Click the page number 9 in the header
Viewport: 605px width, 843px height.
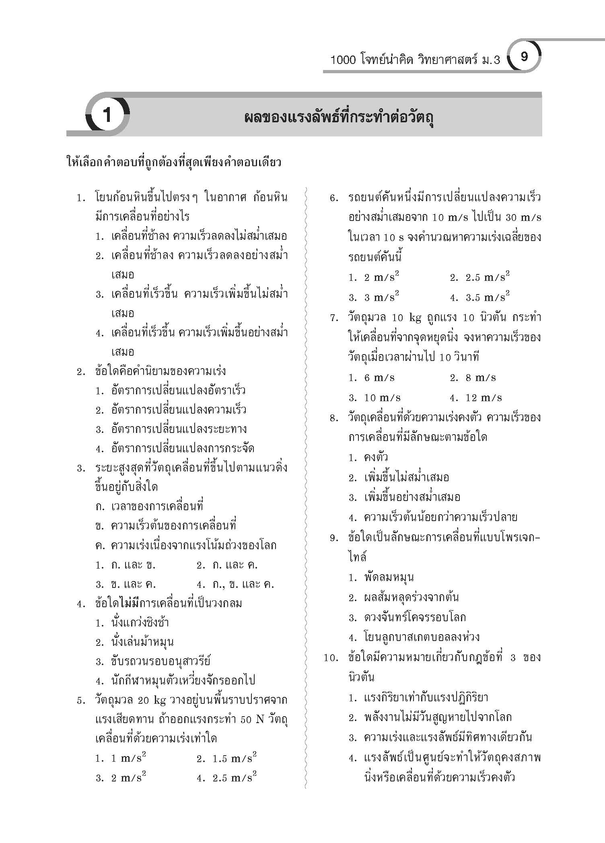click(x=524, y=57)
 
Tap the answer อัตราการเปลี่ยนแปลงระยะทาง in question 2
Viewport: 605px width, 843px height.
click(x=171, y=429)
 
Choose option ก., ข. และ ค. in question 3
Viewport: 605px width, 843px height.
click(x=235, y=584)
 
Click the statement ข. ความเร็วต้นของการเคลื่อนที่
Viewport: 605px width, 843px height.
click(x=165, y=526)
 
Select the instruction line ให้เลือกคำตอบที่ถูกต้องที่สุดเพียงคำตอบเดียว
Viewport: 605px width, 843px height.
click(x=173, y=163)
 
